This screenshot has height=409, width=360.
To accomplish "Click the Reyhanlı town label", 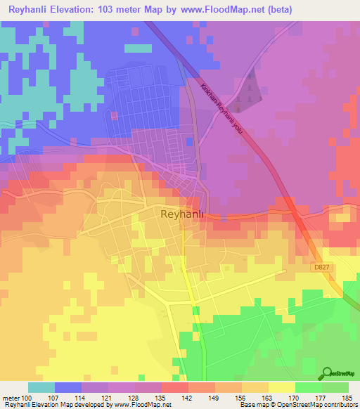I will click(182, 214).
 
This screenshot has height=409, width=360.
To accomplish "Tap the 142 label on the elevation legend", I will click(188, 397).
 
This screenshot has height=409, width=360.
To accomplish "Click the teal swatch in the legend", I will click(41, 387).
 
